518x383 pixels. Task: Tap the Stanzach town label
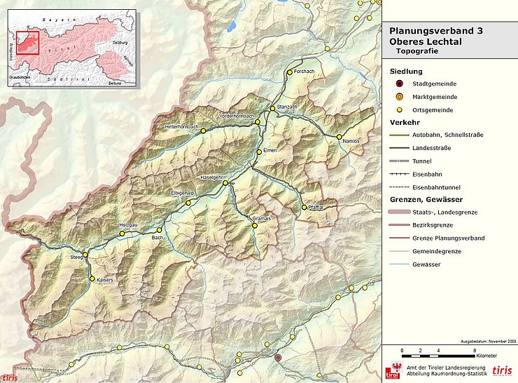click(288, 107)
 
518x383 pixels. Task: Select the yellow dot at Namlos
click(339, 137)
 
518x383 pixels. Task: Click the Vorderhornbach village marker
click(258, 122)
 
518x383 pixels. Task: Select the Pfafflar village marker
click(304, 208)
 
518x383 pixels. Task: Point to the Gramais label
click(260, 219)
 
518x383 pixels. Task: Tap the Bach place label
click(157, 238)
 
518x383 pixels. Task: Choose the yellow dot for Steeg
click(85, 255)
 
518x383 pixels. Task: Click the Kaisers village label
click(105, 280)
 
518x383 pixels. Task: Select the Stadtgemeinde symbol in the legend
click(399, 84)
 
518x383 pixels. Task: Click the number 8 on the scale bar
click(475, 349)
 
